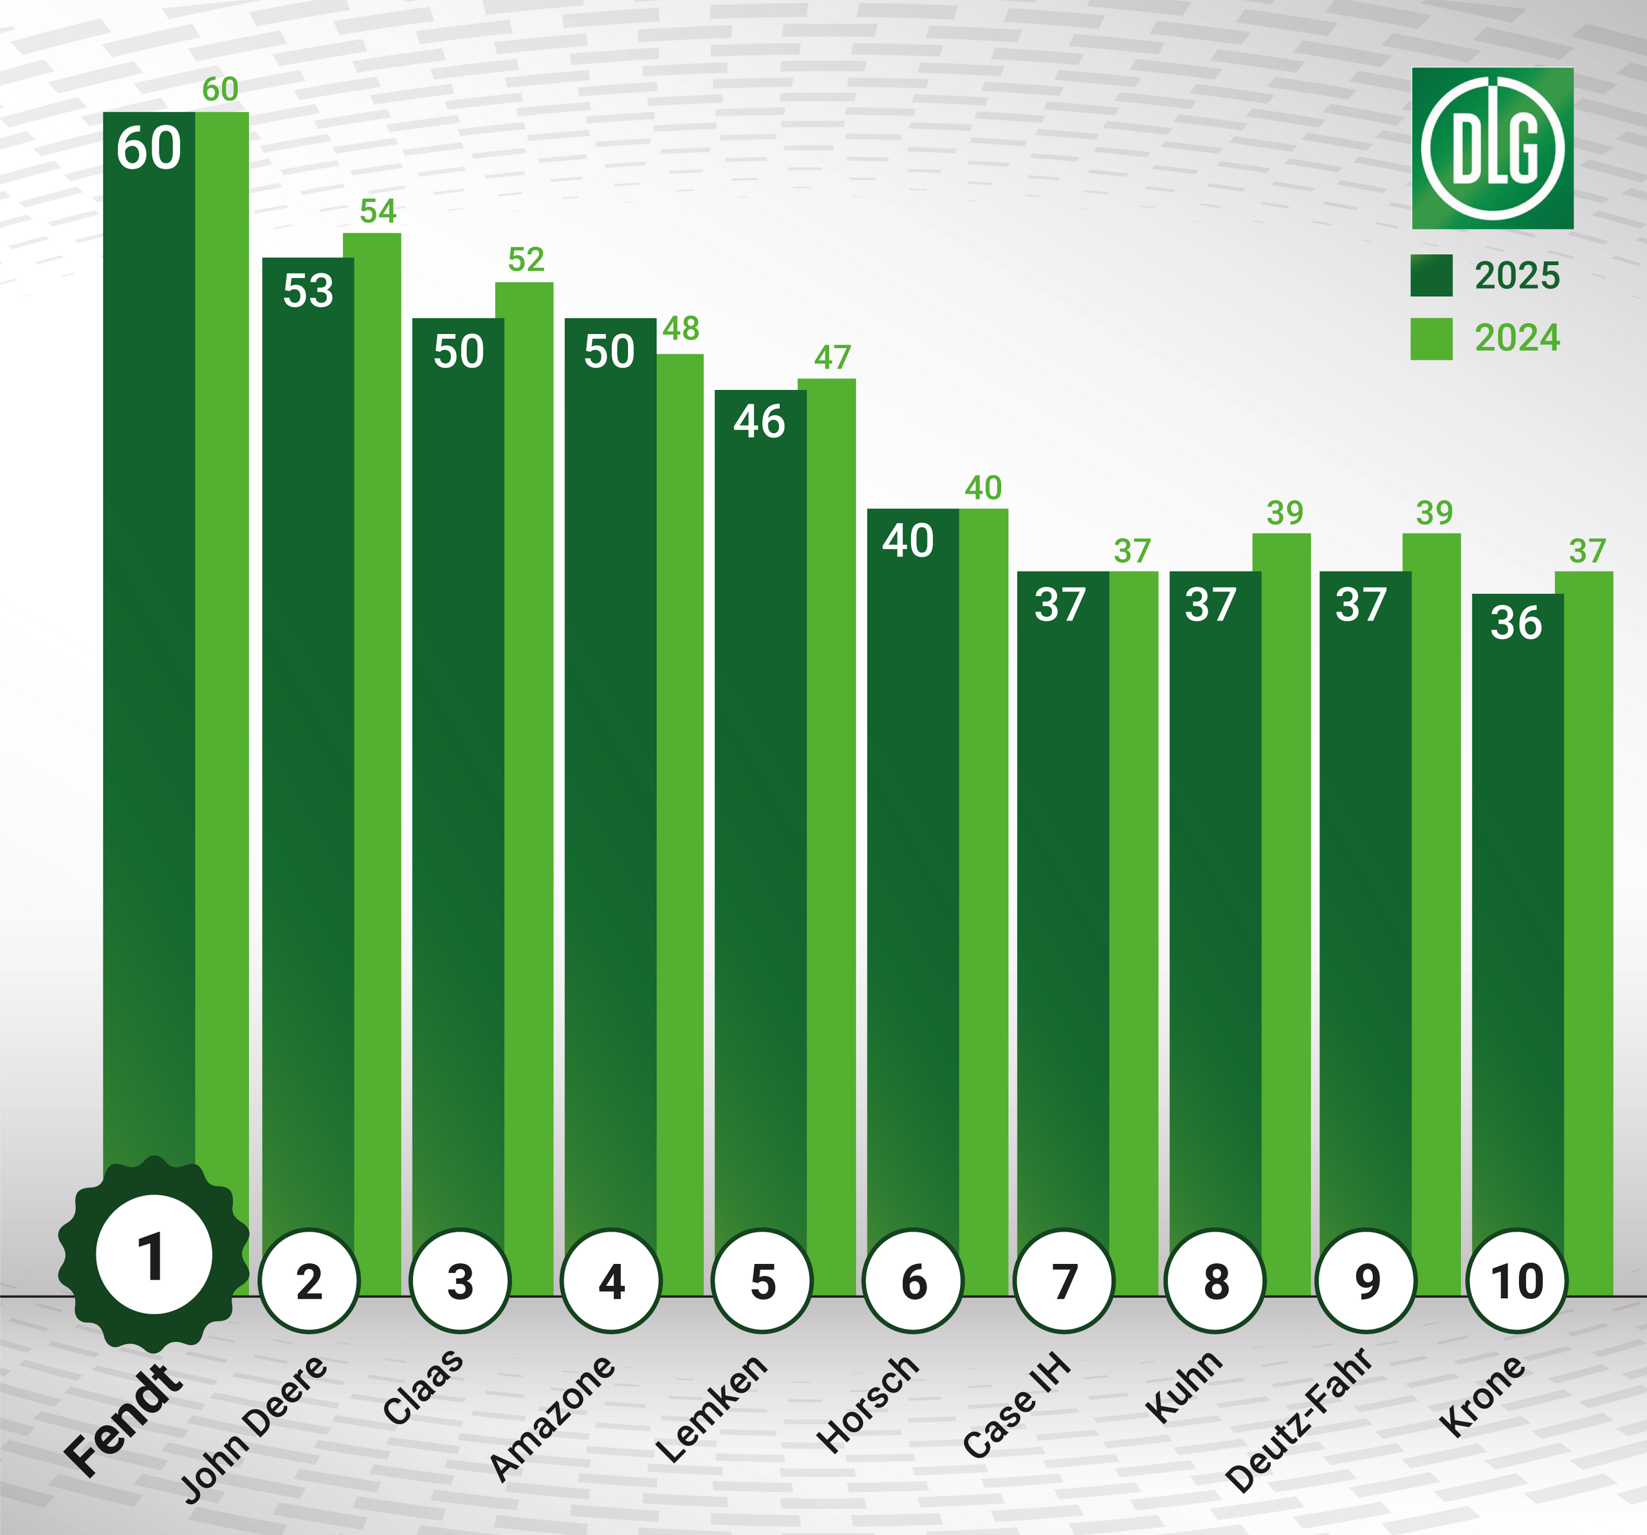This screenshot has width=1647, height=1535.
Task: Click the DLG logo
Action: [1492, 149]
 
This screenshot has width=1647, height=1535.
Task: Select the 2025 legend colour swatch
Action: [1431, 275]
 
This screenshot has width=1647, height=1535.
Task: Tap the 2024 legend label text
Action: [1517, 338]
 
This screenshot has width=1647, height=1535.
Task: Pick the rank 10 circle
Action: [1517, 1281]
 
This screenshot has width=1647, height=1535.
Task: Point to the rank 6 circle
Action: [913, 1281]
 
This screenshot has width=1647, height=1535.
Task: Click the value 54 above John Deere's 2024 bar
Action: [378, 211]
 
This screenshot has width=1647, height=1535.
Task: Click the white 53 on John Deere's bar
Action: [308, 291]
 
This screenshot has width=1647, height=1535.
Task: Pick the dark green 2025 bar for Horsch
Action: [912, 870]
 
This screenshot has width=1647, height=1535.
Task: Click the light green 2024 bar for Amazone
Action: [680, 787]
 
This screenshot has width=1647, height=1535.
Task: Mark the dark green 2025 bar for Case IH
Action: [1062, 912]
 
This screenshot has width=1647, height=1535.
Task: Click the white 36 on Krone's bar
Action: [1516, 623]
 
